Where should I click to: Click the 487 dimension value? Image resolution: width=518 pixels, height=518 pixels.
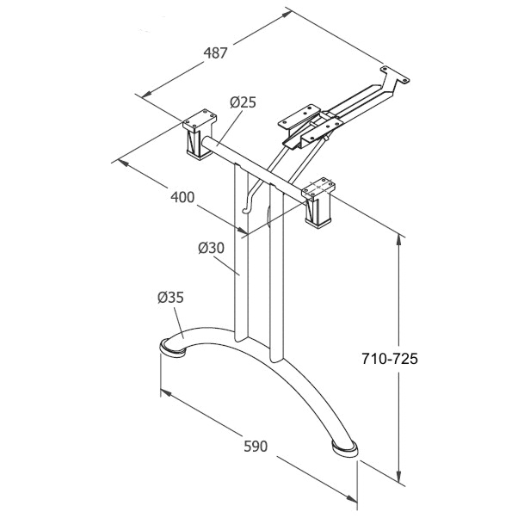pyautogui.click(x=215, y=52)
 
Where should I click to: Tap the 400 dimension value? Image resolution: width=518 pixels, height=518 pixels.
pyautogui.click(x=182, y=197)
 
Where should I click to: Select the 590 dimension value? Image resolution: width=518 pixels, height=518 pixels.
pyautogui.click(x=256, y=447)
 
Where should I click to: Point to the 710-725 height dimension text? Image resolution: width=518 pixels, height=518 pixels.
pyautogui.click(x=389, y=360)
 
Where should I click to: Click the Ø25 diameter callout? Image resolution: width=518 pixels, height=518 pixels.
pyautogui.click(x=243, y=102)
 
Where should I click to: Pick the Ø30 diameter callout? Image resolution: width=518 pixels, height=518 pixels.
pyautogui.click(x=211, y=248)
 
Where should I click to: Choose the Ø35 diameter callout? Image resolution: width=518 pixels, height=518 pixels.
pyautogui.click(x=170, y=299)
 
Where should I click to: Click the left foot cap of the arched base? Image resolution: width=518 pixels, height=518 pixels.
pyautogui.click(x=172, y=348)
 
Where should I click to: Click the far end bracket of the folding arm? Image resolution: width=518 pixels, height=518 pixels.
pyautogui.click(x=397, y=77)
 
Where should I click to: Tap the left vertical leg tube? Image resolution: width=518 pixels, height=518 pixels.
pyautogui.click(x=240, y=258)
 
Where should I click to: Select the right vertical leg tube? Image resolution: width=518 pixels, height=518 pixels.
pyautogui.click(x=275, y=275)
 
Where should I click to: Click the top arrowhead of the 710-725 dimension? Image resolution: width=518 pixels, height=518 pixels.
pyautogui.click(x=401, y=239)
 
